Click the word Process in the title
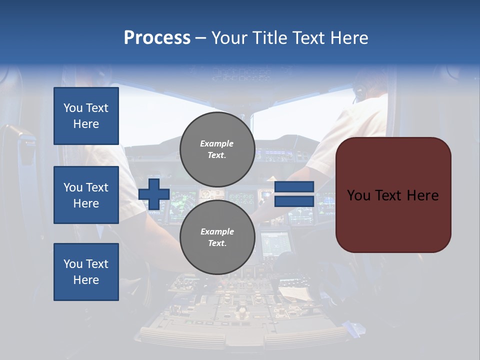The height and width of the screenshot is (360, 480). tap(157, 38)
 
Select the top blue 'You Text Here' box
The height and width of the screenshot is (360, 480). tap(86, 116)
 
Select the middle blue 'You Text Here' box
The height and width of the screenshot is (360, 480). tap(86, 195)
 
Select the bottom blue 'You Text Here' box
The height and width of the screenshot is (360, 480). tap(86, 272)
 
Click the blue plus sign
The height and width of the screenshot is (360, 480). tap(154, 194)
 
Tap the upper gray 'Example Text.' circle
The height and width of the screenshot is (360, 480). tap(217, 149)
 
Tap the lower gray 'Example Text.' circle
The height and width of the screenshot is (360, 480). tap(217, 237)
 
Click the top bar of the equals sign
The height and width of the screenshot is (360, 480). tap(294, 187)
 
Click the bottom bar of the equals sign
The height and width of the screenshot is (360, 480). tap(294, 201)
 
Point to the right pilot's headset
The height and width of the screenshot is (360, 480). tap(359, 92)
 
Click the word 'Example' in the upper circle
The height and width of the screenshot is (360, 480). tap(217, 143)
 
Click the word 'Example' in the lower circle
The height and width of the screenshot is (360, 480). tap(217, 231)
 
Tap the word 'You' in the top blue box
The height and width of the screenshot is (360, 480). tap(73, 108)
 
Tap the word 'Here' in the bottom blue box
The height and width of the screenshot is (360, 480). tap(86, 280)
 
